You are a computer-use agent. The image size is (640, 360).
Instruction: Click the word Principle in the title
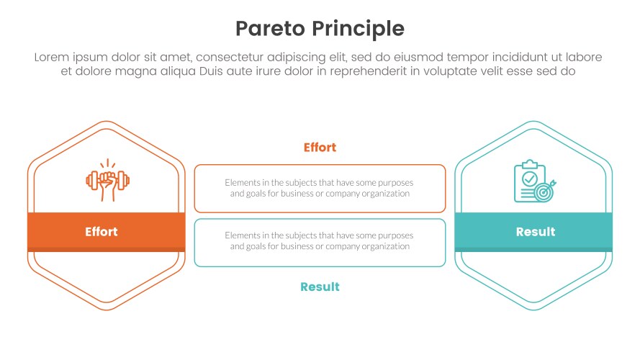(x=362, y=29)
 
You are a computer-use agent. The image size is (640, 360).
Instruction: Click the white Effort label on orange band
(x=101, y=232)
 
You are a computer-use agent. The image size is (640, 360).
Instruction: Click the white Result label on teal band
(x=536, y=232)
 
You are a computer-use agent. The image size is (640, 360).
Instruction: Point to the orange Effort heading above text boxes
(x=320, y=148)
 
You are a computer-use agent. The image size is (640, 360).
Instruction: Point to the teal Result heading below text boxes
(x=320, y=287)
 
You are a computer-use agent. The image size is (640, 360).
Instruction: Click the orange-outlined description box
(x=320, y=189)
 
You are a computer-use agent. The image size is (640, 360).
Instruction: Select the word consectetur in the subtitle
(x=233, y=57)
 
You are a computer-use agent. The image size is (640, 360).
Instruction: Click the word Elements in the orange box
(x=242, y=183)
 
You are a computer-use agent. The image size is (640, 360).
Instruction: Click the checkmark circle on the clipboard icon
(x=529, y=177)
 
